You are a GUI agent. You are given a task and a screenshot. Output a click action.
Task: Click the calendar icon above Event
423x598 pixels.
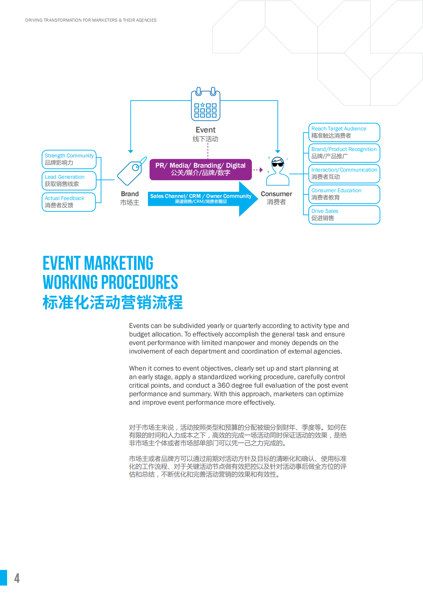(x=205, y=105)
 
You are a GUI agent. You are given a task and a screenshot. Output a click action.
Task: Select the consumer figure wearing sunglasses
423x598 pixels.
(x=278, y=171)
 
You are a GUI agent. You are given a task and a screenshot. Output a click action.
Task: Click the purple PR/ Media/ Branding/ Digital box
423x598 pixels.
(x=200, y=169)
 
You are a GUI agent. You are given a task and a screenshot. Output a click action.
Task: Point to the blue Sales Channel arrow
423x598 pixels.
(x=201, y=199)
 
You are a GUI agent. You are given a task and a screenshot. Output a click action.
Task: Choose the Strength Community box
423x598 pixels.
(x=69, y=159)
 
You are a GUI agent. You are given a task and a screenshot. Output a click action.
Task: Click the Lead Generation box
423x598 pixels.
(x=69, y=181)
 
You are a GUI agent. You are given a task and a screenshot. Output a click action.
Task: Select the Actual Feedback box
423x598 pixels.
(x=69, y=202)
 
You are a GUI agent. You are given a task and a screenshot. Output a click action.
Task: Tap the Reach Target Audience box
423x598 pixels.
(x=344, y=132)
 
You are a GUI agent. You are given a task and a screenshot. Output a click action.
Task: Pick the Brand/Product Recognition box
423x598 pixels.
(x=344, y=153)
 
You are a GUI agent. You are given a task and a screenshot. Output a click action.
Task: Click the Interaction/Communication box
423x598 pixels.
(x=344, y=173)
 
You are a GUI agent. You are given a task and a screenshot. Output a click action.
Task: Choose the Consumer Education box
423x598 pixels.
(x=344, y=194)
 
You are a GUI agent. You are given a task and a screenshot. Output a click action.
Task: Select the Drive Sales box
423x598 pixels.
(x=344, y=215)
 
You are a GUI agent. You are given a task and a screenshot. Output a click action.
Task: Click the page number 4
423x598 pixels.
(x=17, y=578)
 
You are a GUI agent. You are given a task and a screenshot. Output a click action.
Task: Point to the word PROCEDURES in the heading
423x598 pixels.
(x=139, y=282)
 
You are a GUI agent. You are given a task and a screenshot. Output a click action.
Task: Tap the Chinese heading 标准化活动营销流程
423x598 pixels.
(x=112, y=302)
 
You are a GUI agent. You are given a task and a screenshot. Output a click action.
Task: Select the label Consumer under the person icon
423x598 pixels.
(x=276, y=194)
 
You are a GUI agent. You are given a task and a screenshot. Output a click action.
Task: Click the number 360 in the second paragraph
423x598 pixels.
(x=223, y=386)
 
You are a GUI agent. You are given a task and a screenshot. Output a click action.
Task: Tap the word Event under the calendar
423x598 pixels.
(x=205, y=130)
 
